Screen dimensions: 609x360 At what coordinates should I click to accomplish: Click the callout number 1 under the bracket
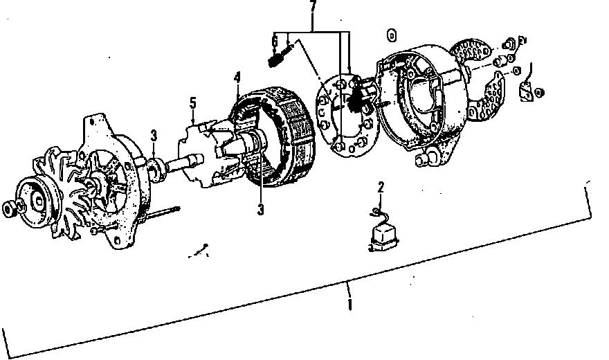[x=350, y=304]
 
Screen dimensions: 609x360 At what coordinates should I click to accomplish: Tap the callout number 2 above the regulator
[x=381, y=186]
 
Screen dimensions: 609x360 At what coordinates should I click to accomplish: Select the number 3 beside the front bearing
[x=154, y=136]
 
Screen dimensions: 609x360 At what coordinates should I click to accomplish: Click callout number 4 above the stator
[x=237, y=78]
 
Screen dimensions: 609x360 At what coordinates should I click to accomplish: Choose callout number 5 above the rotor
[x=193, y=104]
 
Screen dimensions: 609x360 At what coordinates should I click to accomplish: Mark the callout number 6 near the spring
[x=275, y=43]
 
